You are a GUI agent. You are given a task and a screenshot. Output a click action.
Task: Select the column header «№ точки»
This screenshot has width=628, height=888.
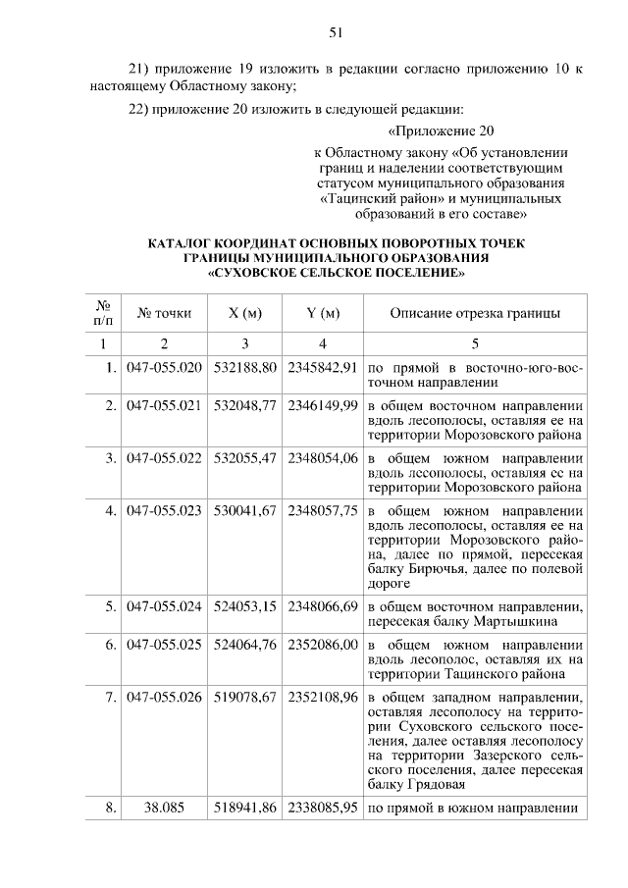(164, 314)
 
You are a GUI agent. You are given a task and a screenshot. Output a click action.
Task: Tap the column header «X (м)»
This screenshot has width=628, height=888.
(244, 314)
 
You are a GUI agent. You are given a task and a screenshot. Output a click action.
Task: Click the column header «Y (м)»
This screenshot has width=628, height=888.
(322, 314)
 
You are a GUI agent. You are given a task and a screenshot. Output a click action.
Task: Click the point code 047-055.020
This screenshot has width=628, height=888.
(164, 367)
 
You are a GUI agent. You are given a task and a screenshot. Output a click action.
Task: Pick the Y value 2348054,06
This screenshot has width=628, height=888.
(322, 457)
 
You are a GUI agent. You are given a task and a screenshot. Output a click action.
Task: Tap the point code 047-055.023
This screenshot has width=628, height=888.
(164, 510)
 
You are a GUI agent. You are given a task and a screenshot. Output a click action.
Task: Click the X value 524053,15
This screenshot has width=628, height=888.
(245, 606)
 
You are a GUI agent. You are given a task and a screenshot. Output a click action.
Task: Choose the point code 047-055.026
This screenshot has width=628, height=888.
(164, 699)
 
